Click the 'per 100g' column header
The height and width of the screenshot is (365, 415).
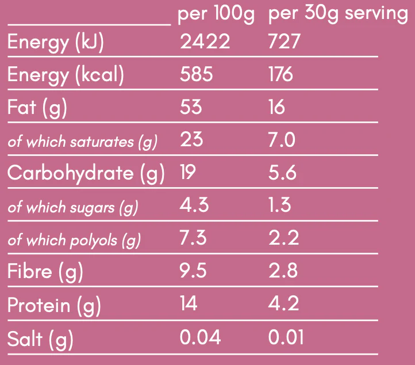tap(216, 14)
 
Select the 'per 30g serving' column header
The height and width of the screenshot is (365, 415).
tap(338, 14)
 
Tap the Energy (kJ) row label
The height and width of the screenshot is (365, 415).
tap(56, 43)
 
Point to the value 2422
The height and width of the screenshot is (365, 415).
tap(205, 42)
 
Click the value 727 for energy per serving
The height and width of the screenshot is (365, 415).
tap(284, 42)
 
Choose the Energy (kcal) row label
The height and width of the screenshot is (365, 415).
tap(66, 75)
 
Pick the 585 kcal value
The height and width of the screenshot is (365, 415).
tap(196, 75)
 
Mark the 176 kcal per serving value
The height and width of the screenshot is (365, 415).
tap(280, 75)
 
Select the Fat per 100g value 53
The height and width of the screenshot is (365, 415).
tap(191, 108)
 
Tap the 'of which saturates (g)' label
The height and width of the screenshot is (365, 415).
tap(82, 142)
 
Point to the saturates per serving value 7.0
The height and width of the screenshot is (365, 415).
tap(282, 140)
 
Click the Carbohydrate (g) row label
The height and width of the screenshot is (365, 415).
tap(86, 174)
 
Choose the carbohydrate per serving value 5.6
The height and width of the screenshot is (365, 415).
tap(282, 173)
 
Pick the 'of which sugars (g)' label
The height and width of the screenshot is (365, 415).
tap(73, 207)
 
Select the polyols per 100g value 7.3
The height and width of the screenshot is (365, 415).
tap(193, 238)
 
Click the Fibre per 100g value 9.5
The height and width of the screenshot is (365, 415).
tap(194, 271)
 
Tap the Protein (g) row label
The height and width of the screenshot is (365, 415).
tap(54, 305)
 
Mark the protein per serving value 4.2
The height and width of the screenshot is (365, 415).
tap(283, 304)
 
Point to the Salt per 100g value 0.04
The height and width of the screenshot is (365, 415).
tap(200, 337)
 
